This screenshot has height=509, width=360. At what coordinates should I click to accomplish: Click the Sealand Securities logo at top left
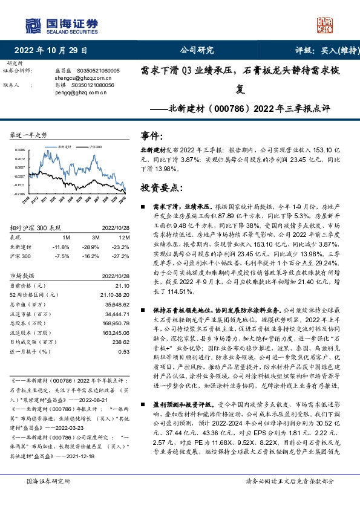(61, 25)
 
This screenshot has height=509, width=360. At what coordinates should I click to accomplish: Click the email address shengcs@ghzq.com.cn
(76, 78)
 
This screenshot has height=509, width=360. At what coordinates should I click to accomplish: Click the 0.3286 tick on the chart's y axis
(20, 148)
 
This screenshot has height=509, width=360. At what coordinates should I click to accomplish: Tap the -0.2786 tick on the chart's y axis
(20, 194)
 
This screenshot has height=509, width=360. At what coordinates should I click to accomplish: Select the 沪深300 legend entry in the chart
(95, 147)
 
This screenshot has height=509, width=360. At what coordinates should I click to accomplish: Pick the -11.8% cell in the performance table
(62, 247)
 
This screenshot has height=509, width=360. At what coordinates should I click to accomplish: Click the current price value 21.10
(122, 285)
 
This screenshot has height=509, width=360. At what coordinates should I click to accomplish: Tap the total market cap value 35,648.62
(117, 305)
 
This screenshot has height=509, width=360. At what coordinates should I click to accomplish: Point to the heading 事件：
(152, 137)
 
